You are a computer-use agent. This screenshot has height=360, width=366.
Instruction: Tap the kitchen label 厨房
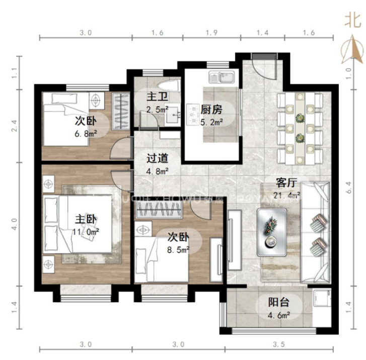[211, 110]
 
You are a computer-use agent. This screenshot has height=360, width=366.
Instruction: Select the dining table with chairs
[301, 128]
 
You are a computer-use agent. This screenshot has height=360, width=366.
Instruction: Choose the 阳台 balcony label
[278, 303]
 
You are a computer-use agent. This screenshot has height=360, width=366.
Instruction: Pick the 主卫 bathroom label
[155, 96]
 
